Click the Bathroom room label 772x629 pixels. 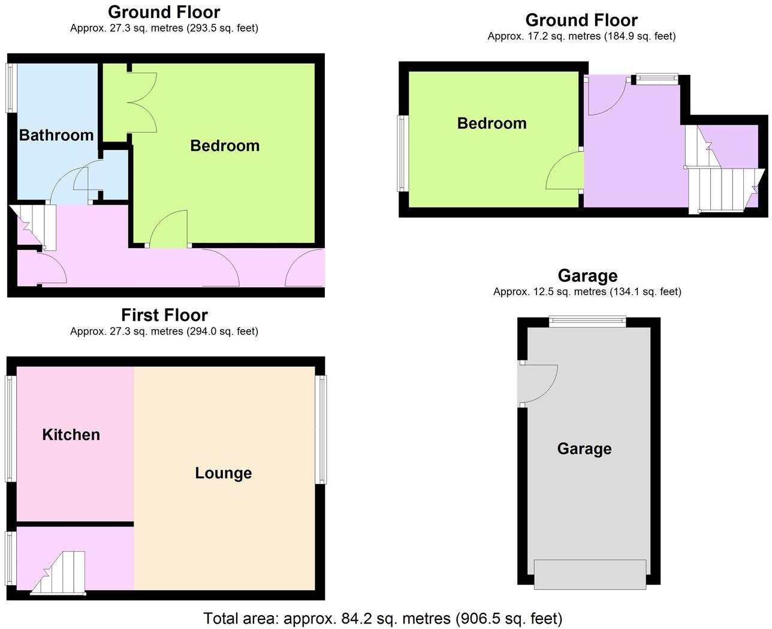[x=56, y=135]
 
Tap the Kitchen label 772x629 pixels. [x=71, y=435]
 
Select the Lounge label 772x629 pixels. [x=223, y=473]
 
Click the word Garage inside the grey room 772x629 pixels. [x=584, y=449]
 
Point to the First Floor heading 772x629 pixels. [x=164, y=315]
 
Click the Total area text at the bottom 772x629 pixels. [x=382, y=618]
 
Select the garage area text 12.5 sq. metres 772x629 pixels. [x=587, y=292]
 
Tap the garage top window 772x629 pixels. [x=587, y=322]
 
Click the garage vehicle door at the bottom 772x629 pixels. [x=590, y=574]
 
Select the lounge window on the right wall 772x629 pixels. [x=321, y=429]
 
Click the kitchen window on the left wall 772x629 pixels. [x=10, y=428]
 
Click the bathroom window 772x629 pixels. [x=11, y=88]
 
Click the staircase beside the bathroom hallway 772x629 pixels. [x=32, y=227]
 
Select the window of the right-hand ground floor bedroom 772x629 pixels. [x=402, y=153]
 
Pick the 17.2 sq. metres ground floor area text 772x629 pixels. [x=581, y=37]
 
